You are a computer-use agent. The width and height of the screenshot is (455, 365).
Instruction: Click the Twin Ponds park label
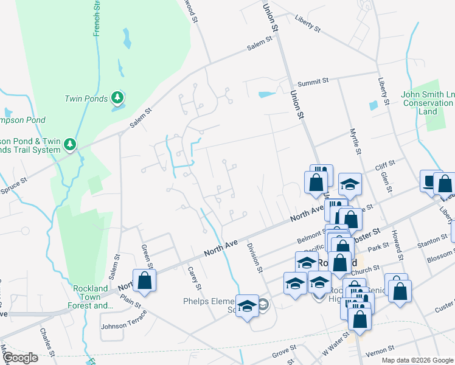(86, 98)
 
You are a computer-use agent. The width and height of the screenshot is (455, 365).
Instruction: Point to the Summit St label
(313, 81)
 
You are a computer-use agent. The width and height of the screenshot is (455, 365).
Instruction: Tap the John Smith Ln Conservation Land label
(428, 103)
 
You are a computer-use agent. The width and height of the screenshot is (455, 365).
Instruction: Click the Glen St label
(384, 181)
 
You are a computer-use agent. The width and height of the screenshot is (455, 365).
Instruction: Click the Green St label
(146, 255)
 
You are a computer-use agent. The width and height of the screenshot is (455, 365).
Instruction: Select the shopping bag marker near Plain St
(144, 280)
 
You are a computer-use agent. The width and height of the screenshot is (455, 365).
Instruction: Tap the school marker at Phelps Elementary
(247, 307)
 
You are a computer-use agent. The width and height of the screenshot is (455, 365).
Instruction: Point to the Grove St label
(283, 351)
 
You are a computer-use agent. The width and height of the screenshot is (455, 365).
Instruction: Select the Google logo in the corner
(19, 358)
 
